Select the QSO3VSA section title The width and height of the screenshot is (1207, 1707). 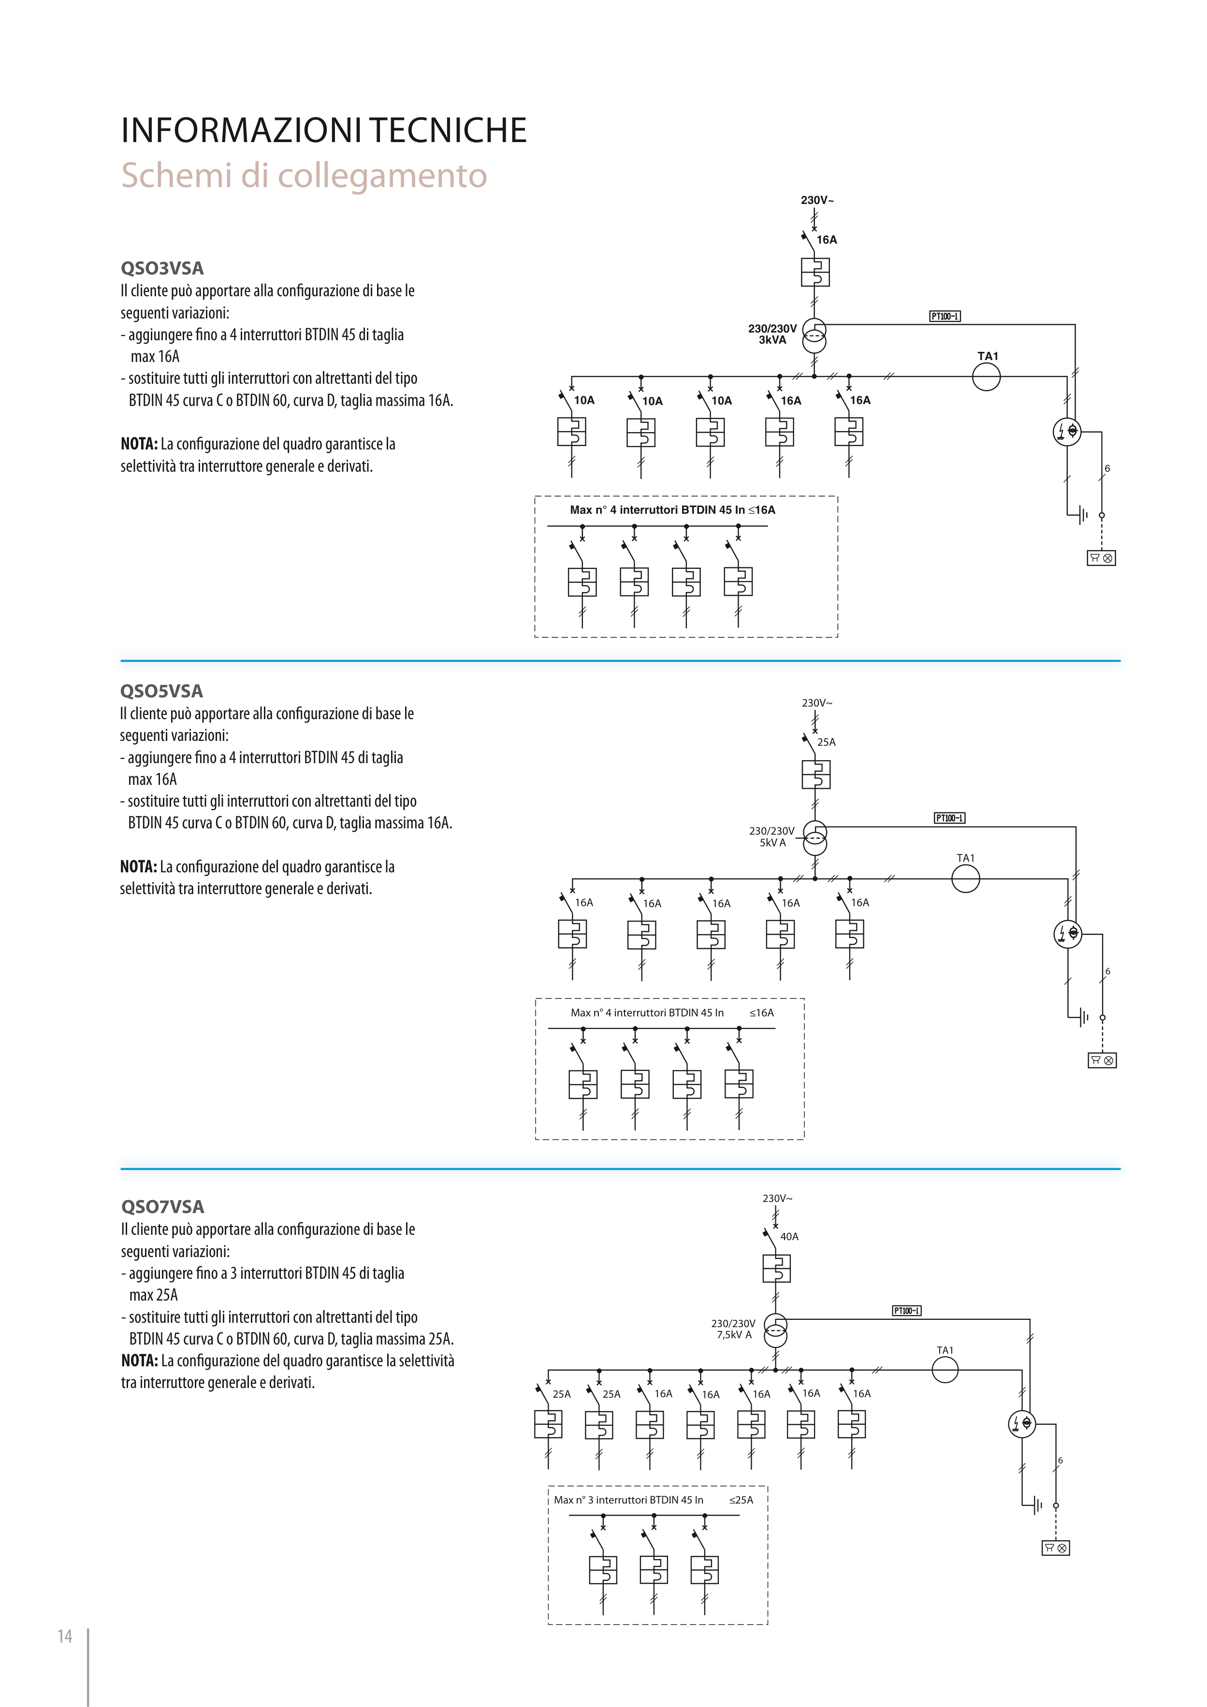pyautogui.click(x=161, y=268)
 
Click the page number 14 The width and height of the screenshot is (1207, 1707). pyautogui.click(x=65, y=1636)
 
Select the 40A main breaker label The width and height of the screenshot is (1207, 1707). pyautogui.click(x=789, y=1236)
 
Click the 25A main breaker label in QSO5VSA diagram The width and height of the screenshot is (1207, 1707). pyautogui.click(x=826, y=742)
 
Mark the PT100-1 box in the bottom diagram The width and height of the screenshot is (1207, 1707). pyautogui.click(x=906, y=1310)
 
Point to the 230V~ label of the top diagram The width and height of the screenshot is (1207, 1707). pyautogui.click(x=816, y=200)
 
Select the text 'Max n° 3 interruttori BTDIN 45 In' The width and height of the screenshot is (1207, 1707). pyautogui.click(x=628, y=1500)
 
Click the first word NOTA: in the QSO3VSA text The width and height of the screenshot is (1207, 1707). pyautogui.click(x=139, y=444)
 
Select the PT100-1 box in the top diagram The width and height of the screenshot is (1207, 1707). pyautogui.click(x=945, y=316)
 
